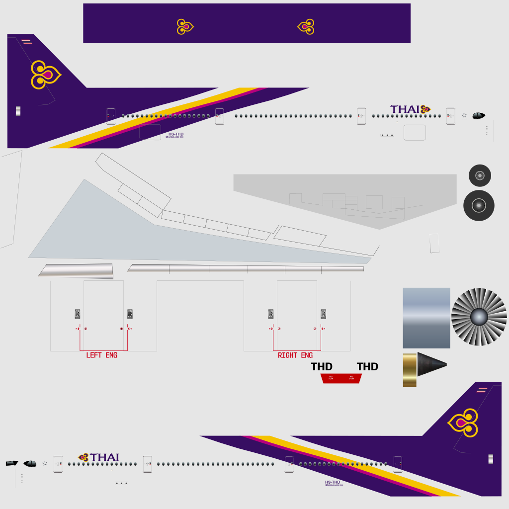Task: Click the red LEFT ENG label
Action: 101,355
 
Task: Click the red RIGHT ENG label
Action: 295,355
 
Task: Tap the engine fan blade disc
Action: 479,317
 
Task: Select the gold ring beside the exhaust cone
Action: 410,370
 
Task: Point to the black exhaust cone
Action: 430,366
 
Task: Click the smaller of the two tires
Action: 480,175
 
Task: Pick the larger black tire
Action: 479,205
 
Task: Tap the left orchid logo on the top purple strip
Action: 185,26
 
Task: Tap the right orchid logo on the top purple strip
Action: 306,26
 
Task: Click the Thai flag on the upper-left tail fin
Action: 27,42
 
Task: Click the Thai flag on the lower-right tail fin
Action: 482,390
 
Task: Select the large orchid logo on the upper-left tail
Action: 45,75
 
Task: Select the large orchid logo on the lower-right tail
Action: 464,423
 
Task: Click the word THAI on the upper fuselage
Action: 405,109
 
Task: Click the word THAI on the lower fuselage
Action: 104,457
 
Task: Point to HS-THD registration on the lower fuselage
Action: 333,482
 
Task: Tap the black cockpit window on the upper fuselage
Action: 478,116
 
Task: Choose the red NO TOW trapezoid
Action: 341,378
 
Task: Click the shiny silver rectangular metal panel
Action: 426,318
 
